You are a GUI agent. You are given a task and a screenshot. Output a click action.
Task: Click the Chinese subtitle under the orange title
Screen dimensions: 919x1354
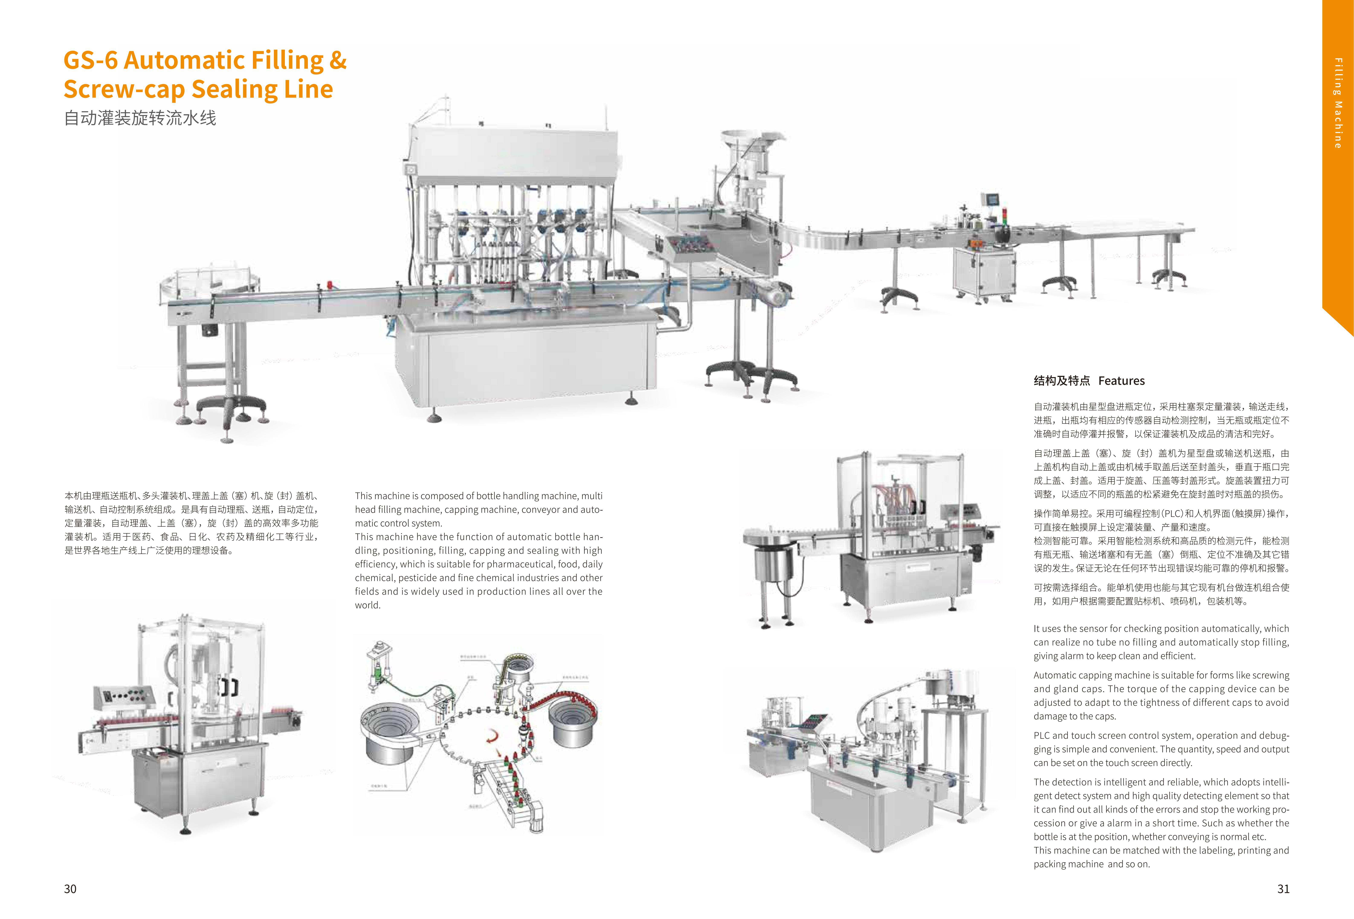[140, 118]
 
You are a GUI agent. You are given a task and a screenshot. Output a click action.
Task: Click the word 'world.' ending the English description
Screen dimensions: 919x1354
[368, 605]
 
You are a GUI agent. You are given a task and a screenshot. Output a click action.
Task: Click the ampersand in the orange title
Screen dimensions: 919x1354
[337, 60]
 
